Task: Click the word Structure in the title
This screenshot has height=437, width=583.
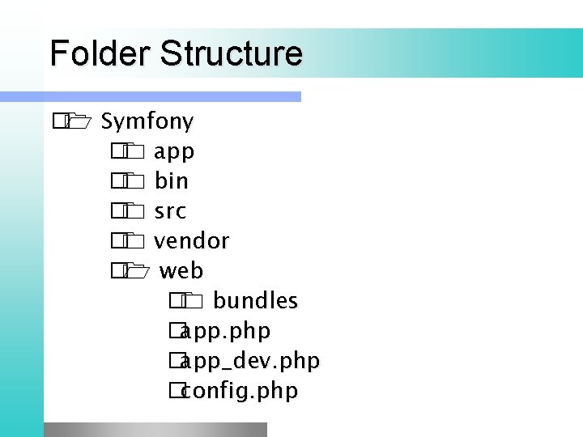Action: pyautogui.click(x=232, y=54)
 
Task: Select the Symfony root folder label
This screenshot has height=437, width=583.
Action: pyautogui.click(x=147, y=122)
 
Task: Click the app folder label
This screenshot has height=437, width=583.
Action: pyautogui.click(x=174, y=152)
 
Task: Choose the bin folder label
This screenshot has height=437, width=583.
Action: pyautogui.click(x=172, y=181)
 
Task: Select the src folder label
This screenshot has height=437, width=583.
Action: pyautogui.click(x=170, y=211)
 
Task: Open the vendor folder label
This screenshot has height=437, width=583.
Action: pyautogui.click(x=192, y=241)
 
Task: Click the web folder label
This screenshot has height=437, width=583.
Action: pyautogui.click(x=181, y=270)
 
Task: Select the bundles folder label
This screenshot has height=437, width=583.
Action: pyautogui.click(x=256, y=301)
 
